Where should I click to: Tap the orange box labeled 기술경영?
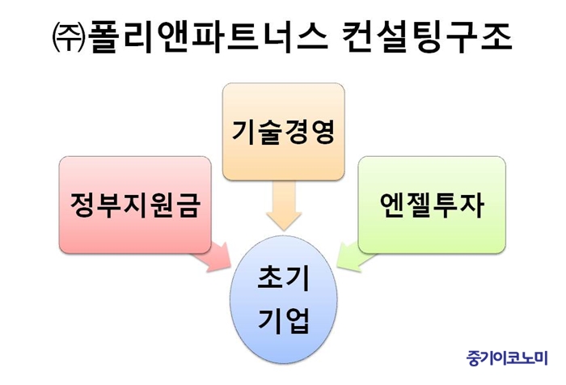tap(283, 132)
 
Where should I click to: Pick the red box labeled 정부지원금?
tap(135, 205)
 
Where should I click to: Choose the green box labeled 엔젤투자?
tap(432, 205)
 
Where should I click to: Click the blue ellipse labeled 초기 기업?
tap(284, 299)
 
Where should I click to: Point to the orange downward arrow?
tap(284, 206)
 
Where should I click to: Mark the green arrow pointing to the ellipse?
tap(356, 256)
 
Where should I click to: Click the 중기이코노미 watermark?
tap(507, 357)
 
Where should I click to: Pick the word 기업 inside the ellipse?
tap(284, 320)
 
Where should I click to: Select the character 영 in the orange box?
tap(323, 132)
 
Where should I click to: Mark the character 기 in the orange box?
tap(244, 132)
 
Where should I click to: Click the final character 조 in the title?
tap(496, 38)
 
